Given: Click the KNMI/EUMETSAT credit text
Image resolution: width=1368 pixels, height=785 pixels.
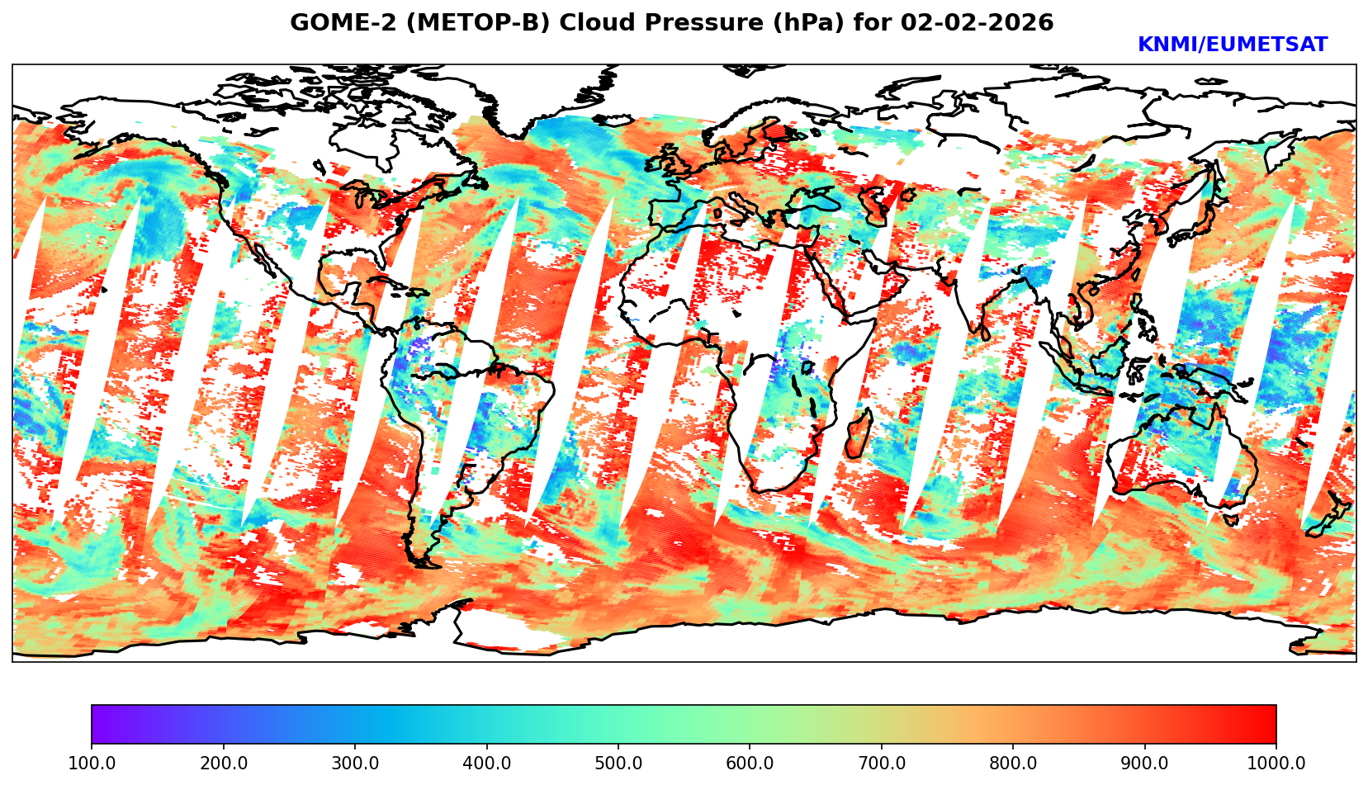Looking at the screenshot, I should coord(1232,45).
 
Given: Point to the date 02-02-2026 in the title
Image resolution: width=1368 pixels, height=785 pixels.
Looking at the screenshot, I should coord(977,23).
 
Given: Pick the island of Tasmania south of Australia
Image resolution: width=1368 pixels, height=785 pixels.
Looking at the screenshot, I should coord(1230,520).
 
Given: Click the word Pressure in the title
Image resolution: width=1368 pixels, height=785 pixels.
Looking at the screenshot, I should coord(698,23).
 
